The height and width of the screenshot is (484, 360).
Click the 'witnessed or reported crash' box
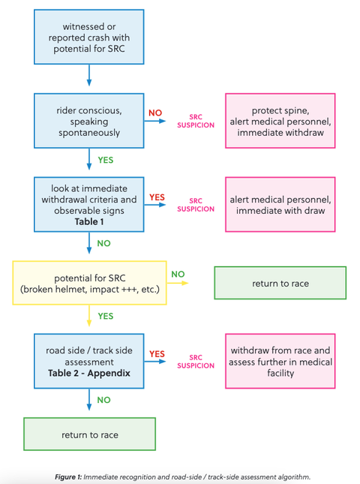[88, 37]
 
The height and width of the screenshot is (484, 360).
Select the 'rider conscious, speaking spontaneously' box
[88, 121]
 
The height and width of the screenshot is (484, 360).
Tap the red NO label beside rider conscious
[155, 113]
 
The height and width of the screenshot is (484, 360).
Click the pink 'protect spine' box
[280, 121]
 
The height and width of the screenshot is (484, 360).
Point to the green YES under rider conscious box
[106, 160]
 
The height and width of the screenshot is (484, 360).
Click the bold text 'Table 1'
[89, 221]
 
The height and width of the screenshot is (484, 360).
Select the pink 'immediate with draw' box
[280, 204]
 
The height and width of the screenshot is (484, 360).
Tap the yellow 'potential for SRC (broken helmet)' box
[89, 283]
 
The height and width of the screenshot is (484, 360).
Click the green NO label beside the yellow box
[178, 274]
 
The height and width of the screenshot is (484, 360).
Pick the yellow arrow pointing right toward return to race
[178, 283]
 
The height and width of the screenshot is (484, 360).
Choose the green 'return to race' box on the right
[280, 283]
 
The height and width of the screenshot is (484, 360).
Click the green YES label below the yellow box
[106, 316]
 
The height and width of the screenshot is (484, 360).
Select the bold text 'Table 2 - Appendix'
[89, 373]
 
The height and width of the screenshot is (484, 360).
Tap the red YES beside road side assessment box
[157, 353]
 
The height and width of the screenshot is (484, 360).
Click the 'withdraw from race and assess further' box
[280, 361]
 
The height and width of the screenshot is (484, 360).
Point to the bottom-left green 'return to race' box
[89, 434]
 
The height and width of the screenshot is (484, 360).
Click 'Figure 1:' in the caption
[68, 477]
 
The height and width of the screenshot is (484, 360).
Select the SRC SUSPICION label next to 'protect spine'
[196, 121]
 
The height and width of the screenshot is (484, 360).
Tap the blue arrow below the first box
[89, 75]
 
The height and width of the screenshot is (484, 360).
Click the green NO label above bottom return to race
[103, 400]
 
